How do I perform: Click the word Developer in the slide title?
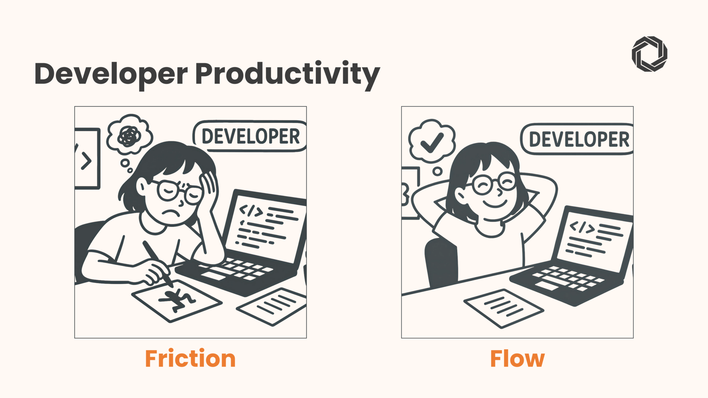click(111, 74)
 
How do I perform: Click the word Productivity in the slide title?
click(288, 74)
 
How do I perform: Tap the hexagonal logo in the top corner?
click(650, 54)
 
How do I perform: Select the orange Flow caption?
click(518, 359)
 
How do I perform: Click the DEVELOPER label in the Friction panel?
click(251, 136)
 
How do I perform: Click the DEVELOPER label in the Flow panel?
click(579, 139)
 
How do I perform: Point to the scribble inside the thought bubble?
click(129, 135)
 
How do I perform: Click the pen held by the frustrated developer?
click(158, 263)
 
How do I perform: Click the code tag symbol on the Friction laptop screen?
click(251, 210)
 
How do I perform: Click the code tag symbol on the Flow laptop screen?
click(582, 227)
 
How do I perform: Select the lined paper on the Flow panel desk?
click(504, 309)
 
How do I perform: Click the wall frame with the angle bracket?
click(87, 159)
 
